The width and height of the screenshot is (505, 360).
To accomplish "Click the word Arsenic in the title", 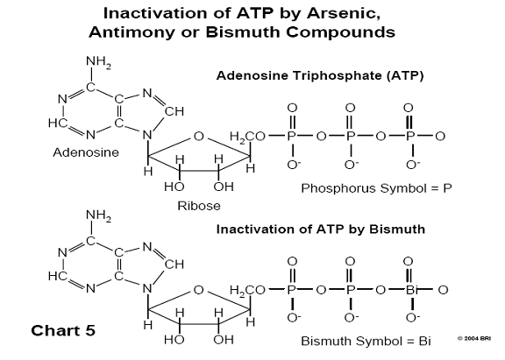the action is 344,13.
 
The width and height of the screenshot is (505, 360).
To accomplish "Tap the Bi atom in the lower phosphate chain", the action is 410,290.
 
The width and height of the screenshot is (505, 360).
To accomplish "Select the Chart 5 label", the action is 63,330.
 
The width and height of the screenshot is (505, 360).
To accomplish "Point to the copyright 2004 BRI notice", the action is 474,338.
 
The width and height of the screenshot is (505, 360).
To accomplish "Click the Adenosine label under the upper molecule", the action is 86,152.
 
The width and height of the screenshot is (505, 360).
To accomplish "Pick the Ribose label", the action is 199,206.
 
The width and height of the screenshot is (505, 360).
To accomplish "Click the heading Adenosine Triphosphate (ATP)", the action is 320,75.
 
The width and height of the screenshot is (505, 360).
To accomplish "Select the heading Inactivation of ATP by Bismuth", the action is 321,229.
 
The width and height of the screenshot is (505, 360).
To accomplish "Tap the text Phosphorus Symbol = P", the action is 376,188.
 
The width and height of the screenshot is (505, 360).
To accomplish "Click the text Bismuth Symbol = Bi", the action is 366,341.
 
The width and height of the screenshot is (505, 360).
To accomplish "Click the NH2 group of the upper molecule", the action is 98,62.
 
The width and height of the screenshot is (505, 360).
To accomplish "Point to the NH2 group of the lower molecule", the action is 98,215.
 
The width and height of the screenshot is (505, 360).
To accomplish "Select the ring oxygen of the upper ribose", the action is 199,137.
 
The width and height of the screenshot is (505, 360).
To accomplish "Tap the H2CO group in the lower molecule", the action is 247,290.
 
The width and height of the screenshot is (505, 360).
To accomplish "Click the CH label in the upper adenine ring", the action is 174,111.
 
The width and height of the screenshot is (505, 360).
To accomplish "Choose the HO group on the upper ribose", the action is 174,187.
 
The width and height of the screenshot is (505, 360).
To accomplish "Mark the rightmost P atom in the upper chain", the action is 409,137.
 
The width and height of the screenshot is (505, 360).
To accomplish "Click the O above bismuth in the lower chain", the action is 409,261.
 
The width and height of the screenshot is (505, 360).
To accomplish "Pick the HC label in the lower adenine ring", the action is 58,276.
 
